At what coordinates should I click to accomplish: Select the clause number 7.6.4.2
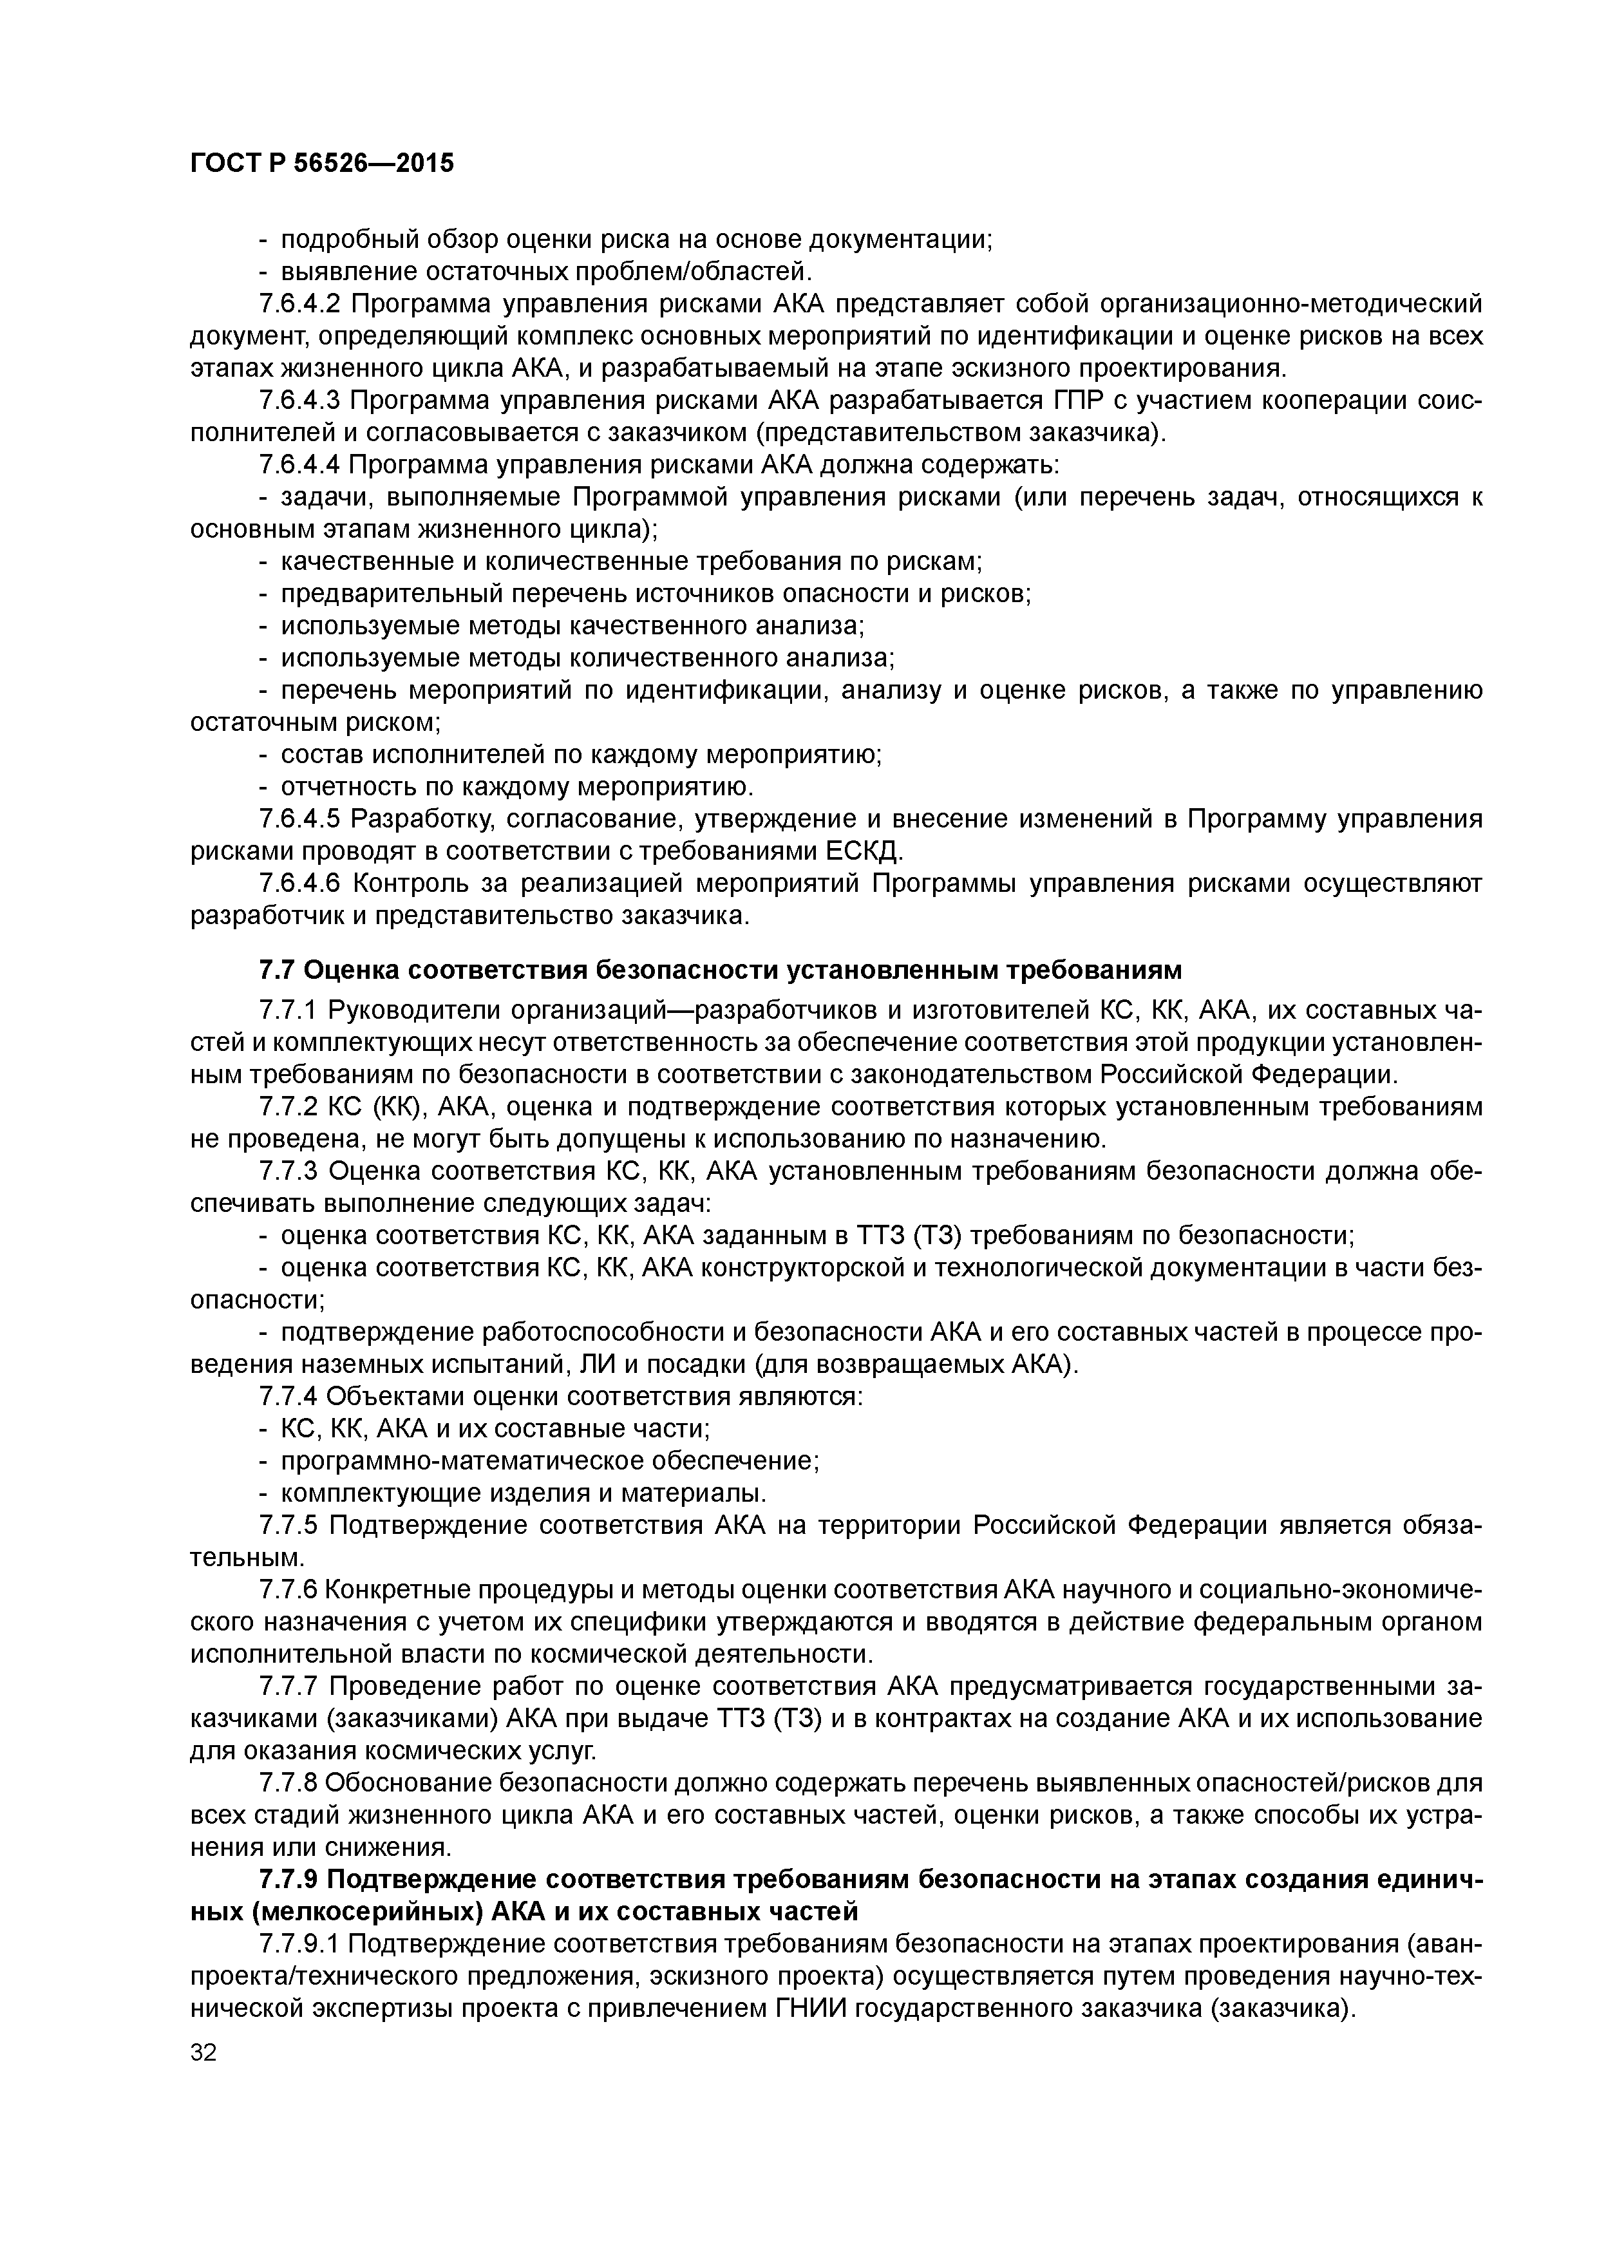[x=298, y=304]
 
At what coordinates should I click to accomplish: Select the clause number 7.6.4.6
[x=298, y=884]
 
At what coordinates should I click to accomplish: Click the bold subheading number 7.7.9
[x=287, y=1879]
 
